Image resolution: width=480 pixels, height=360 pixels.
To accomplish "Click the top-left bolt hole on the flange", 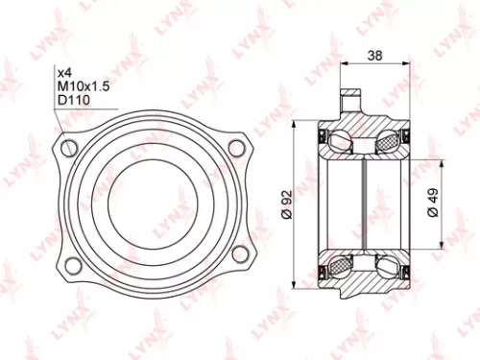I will tap(67, 147).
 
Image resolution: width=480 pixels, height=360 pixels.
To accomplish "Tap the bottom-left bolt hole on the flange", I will tap(67, 253).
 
